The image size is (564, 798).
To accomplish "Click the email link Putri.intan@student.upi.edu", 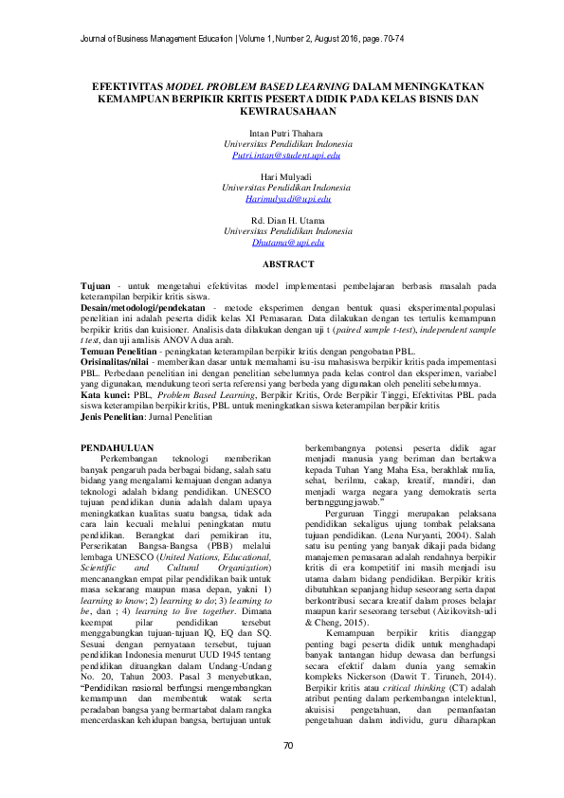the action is [x=281, y=154].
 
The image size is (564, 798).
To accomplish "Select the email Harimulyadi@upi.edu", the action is [x=281, y=199].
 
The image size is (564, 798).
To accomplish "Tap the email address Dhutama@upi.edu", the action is [x=281, y=244].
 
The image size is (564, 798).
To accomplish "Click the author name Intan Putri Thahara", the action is [x=281, y=133].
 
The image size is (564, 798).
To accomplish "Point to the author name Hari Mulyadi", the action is [x=281, y=177].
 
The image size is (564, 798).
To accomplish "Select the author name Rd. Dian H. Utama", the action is [x=281, y=222].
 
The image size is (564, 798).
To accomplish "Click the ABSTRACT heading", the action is [x=281, y=264].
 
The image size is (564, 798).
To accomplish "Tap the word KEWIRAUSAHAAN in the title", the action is [x=281, y=110].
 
